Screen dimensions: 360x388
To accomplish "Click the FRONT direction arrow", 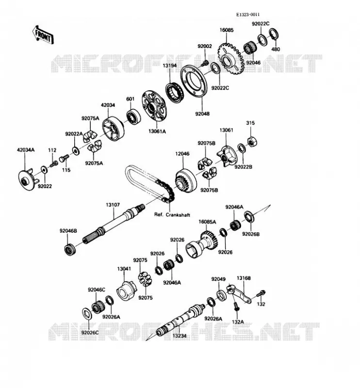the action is tap(43, 35).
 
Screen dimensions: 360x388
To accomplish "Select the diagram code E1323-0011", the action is tap(248, 15).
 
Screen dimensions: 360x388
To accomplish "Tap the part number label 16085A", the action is tap(207, 222).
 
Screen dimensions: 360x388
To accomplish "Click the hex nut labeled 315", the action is tap(252, 142).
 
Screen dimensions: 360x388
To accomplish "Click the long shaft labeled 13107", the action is tap(114, 224).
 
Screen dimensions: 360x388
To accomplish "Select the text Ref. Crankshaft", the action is tap(172, 214).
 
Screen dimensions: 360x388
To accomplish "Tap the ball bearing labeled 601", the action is tap(134, 116).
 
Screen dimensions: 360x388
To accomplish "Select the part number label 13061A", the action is tap(157, 131).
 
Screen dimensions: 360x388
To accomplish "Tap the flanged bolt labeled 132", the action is tap(261, 294).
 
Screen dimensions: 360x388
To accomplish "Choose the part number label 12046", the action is tap(182, 154).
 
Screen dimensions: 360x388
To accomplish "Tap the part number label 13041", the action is tap(124, 269).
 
